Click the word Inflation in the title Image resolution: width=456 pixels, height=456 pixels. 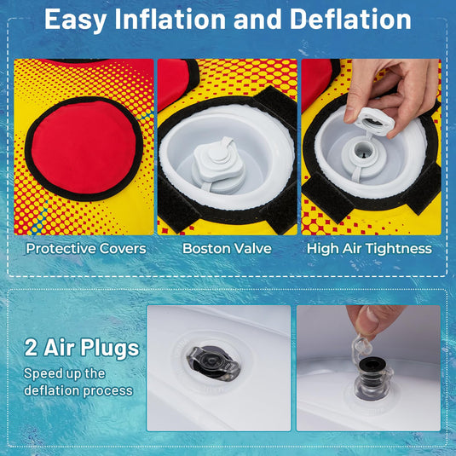point(170,20)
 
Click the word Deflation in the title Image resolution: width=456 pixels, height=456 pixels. point(350,20)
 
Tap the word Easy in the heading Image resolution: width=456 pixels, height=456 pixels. point(75,20)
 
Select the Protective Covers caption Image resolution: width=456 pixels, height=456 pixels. point(86,249)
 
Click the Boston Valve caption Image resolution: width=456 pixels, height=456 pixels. point(227,249)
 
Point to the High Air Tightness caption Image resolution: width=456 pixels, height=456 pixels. point(369,249)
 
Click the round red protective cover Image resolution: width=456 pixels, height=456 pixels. point(84,147)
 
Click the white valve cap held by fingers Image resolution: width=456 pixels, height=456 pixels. point(374,121)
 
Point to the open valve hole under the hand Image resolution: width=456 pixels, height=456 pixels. point(362,150)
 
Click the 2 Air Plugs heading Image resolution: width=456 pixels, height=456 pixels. point(82,348)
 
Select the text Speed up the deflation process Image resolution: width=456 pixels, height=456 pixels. point(78,382)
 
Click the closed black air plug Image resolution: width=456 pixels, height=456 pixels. point(214,362)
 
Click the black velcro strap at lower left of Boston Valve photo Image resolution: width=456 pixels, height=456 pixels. point(176,204)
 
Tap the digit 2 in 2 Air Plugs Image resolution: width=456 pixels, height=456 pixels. point(32,348)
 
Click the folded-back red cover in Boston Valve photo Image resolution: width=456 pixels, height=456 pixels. point(175,83)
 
